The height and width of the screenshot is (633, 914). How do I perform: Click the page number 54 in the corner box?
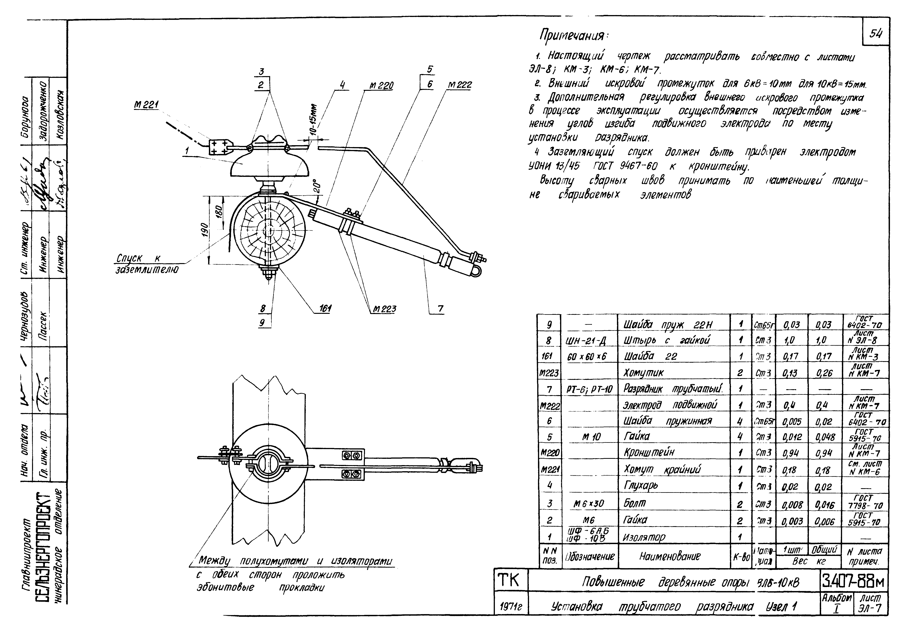click(875, 34)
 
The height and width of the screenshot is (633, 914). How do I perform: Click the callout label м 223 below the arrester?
click(384, 309)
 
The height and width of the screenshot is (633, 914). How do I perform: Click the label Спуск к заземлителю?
click(147, 264)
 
